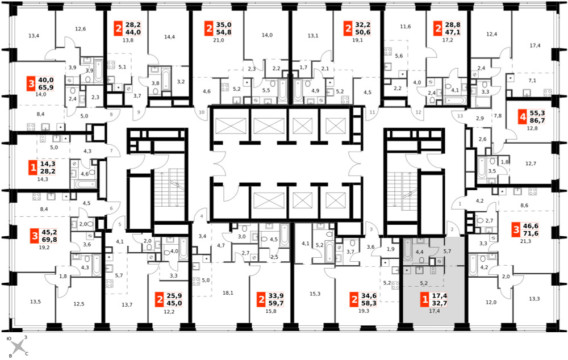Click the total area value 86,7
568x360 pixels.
click(x=537, y=120)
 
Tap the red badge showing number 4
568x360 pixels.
click(x=522, y=117)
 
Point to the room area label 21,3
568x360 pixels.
click(x=525, y=241)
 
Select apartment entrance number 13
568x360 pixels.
click(x=460, y=116)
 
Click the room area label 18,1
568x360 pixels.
click(x=228, y=293)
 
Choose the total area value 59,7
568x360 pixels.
click(x=275, y=303)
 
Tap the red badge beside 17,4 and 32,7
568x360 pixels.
click(x=424, y=300)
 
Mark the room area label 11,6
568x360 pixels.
click(x=406, y=27)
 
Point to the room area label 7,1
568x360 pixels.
click(x=532, y=81)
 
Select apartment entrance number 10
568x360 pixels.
click(x=202, y=112)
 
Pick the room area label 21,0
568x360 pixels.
click(x=219, y=40)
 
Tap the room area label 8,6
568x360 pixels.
click(x=524, y=206)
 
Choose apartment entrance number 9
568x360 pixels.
click(x=139, y=112)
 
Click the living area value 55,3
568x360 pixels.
click(x=537, y=114)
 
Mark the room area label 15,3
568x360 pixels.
click(x=315, y=294)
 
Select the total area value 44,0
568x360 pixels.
click(x=133, y=32)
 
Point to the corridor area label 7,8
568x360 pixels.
click(x=498, y=116)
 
